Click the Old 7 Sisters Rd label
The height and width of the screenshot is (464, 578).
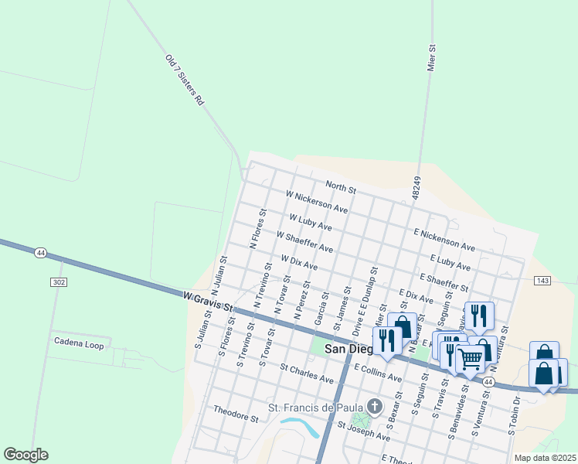(x=184, y=80)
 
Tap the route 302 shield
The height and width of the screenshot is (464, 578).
(x=59, y=282)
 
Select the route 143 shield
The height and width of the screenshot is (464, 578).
(x=542, y=280)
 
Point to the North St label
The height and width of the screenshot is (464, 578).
(x=340, y=188)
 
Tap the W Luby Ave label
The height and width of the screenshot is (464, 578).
(x=310, y=223)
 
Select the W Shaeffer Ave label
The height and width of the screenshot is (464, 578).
(x=304, y=243)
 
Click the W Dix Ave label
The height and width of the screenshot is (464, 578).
(x=299, y=263)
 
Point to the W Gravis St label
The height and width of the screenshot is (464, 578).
(x=209, y=300)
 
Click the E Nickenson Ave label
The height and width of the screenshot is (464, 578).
(x=444, y=239)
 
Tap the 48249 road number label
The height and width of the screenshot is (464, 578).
(x=416, y=189)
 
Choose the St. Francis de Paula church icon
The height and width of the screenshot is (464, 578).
(x=375, y=406)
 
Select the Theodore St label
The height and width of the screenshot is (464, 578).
(x=236, y=414)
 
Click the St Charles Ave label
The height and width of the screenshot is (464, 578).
(x=306, y=374)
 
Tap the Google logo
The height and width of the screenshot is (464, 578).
(x=25, y=455)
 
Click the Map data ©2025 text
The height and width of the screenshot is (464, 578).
(x=545, y=458)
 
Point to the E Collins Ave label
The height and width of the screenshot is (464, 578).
(x=378, y=374)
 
